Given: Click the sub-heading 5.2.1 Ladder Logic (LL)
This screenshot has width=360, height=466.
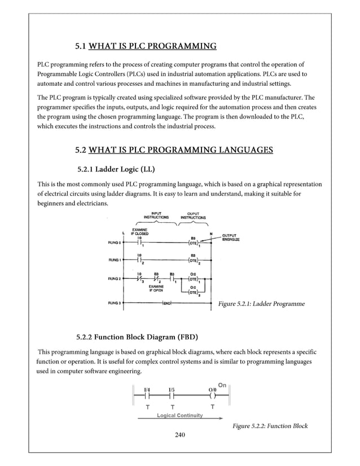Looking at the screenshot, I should tap(116, 169).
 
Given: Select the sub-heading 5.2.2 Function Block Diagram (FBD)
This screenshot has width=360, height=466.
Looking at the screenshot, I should tap(137, 338).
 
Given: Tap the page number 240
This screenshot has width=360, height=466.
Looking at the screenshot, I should tap(180, 434).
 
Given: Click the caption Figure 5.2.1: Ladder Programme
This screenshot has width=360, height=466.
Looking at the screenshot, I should tap(261, 304).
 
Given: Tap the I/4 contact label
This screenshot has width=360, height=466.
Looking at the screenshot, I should tap(147, 389).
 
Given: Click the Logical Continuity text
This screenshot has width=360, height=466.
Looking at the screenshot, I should tap(179, 415).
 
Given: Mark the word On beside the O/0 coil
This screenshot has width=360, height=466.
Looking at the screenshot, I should tap(222, 385).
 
